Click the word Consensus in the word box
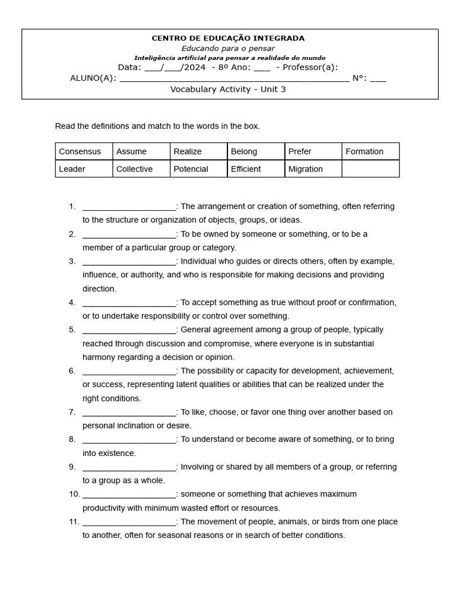pyautogui.click(x=80, y=151)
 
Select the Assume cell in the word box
pyautogui.click(x=131, y=151)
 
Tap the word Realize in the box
pyautogui.click(x=188, y=151)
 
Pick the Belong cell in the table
pyautogui.click(x=243, y=151)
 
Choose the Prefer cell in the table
pyautogui.click(x=300, y=151)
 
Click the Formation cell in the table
pyautogui.click(x=365, y=151)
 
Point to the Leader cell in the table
pyautogui.click(x=72, y=169)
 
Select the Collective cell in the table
pyautogui.click(x=134, y=169)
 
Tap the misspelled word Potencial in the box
pyautogui.click(x=191, y=169)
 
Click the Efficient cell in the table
pyautogui.click(x=246, y=169)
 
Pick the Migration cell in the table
pyautogui.click(x=305, y=169)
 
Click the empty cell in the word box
pyautogui.click(x=370, y=169)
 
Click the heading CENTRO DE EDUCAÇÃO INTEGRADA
pyautogui.click(x=228, y=38)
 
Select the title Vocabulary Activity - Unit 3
pyautogui.click(x=228, y=89)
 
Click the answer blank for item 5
pyautogui.click(x=129, y=330)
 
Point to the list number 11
pyautogui.click(x=74, y=522)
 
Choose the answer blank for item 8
pyautogui.click(x=129, y=440)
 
